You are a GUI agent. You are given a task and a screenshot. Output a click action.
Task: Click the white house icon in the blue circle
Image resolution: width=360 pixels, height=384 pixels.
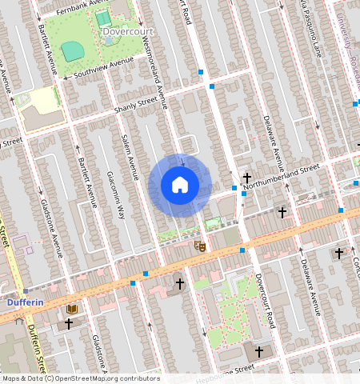(180, 186)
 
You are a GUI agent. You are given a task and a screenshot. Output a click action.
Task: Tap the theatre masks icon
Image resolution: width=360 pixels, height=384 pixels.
(200, 247)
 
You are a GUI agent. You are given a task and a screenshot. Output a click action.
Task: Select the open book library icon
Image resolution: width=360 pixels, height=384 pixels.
(72, 309)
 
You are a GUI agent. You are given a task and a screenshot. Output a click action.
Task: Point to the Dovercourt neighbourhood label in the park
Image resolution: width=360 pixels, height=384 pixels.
(128, 32)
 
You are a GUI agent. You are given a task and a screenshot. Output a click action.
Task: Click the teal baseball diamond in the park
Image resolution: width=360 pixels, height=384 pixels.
(73, 51)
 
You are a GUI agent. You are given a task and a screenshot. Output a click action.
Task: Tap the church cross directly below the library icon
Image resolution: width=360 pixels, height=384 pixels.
(70, 324)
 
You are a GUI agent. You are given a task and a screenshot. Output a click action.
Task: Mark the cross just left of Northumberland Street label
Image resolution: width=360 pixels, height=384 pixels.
(247, 178)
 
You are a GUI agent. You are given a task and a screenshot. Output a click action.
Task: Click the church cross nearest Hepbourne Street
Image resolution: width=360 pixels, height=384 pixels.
(258, 350)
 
